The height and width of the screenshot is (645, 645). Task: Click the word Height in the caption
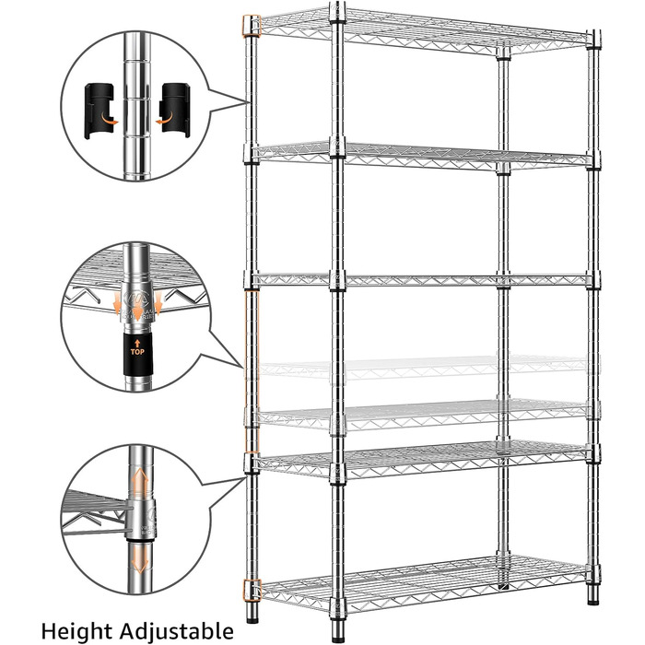(x=76, y=630)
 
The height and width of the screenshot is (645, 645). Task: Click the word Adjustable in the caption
(x=177, y=631)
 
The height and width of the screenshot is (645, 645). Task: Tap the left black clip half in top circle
(x=99, y=111)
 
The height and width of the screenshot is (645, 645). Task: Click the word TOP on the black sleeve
(x=137, y=352)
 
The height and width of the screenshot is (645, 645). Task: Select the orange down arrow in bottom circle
(x=140, y=558)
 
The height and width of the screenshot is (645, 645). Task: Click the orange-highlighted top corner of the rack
(x=252, y=27)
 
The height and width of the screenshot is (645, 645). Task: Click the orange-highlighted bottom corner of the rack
(x=252, y=590)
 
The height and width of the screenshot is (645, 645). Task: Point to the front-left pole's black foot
(x=252, y=617)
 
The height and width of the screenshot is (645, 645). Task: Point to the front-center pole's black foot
(x=338, y=637)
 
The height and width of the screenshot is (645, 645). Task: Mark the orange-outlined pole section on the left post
(x=252, y=371)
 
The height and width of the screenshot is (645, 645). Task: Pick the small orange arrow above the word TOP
(x=137, y=343)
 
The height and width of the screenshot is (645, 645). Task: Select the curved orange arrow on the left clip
(x=109, y=119)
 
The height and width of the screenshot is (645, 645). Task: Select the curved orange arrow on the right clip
(x=165, y=119)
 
